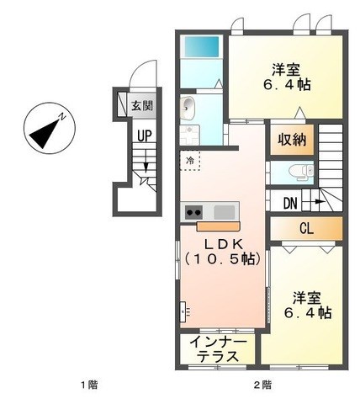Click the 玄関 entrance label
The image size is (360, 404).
(x=142, y=106)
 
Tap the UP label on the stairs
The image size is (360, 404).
(x=145, y=136)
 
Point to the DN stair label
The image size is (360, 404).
(x=290, y=203)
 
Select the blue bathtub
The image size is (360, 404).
(x=201, y=46)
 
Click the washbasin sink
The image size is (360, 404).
(x=188, y=108)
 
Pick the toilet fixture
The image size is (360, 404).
(x=301, y=171)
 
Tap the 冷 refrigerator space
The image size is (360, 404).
(x=190, y=161)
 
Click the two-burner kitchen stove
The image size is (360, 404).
(x=194, y=213)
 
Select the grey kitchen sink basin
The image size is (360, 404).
(x=225, y=212)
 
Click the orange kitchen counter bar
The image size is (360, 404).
(x=218, y=226)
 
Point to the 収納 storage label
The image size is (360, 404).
(x=292, y=140)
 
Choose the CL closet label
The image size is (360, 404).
(x=306, y=229)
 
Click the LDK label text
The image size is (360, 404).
(x=224, y=245)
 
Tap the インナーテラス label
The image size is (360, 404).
(x=218, y=349)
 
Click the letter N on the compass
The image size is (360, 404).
(x=62, y=116)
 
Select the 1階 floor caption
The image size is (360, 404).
(x=89, y=385)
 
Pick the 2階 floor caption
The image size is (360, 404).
(x=262, y=385)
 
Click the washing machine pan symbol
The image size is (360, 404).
(x=189, y=135)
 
